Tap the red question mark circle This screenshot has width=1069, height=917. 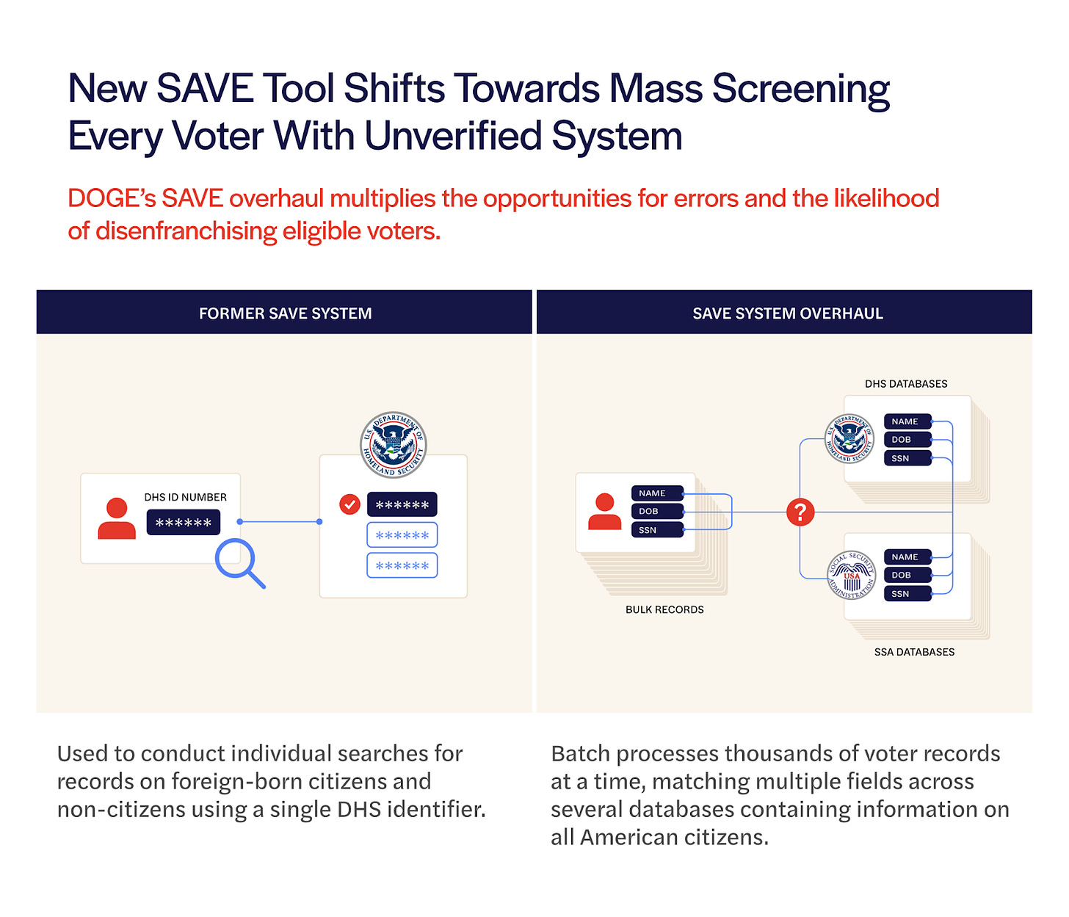(x=800, y=512)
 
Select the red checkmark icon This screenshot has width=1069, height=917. (x=349, y=504)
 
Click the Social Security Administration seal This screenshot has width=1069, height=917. (x=852, y=575)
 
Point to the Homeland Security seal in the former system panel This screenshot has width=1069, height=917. (x=394, y=445)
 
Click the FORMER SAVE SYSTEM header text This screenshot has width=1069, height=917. (x=285, y=313)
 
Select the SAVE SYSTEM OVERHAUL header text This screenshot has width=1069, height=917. (x=788, y=313)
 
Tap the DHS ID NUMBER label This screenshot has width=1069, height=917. (x=185, y=497)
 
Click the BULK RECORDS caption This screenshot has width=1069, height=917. (x=664, y=609)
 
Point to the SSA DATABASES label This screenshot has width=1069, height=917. (x=914, y=652)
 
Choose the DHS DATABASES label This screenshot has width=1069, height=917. (x=906, y=384)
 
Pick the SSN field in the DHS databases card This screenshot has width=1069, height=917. (x=907, y=458)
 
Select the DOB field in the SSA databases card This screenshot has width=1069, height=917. (x=907, y=575)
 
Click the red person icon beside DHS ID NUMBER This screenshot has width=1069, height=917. (x=117, y=519)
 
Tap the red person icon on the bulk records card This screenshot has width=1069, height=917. (x=604, y=512)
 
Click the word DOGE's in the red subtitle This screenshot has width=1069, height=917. (x=108, y=198)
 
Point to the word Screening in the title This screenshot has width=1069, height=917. (x=800, y=89)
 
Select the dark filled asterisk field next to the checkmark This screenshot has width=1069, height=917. (x=402, y=505)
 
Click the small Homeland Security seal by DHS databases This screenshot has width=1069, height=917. (x=849, y=439)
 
